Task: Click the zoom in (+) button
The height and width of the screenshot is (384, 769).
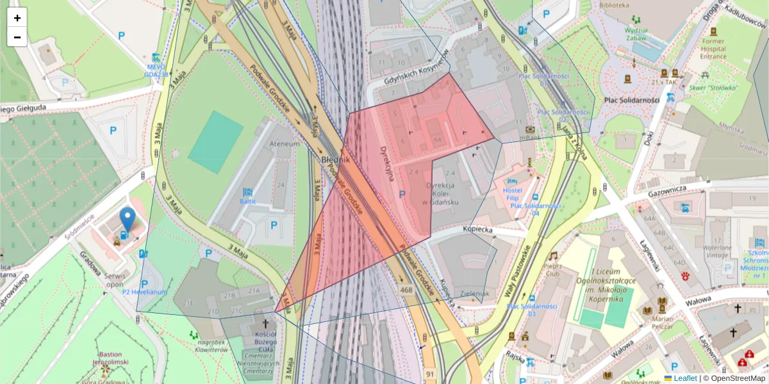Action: [17, 18]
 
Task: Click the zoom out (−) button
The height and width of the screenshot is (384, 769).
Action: [17, 37]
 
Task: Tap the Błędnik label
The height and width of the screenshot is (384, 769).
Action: [335, 159]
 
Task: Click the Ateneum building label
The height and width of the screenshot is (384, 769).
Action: [285, 144]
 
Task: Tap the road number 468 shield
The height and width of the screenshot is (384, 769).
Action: [406, 291]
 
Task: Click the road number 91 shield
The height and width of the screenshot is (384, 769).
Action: [430, 373]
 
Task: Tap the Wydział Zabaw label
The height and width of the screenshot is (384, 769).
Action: [636, 34]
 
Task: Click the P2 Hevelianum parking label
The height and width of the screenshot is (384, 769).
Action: [145, 292]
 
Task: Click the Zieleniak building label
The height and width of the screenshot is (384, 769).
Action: [475, 294]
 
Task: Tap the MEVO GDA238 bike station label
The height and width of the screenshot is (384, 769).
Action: [156, 70]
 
